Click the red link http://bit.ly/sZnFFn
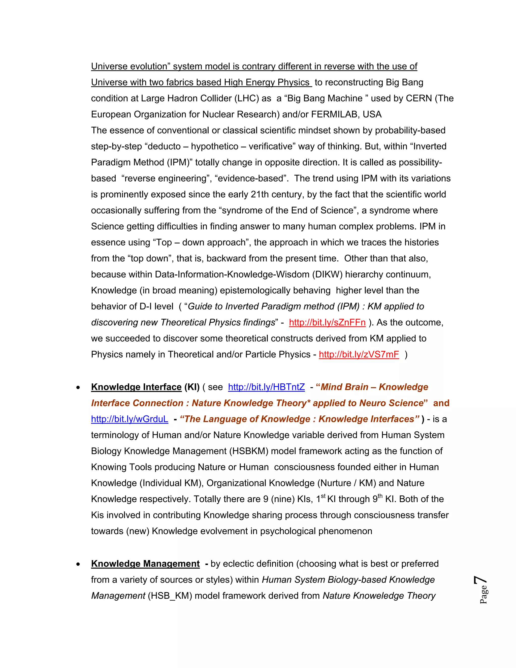click(x=327, y=323)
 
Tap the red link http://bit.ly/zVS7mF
click(x=359, y=354)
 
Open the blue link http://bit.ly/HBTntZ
click(x=266, y=387)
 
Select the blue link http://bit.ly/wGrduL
click(x=130, y=419)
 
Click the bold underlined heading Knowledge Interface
click(x=136, y=387)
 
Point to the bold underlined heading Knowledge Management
click(x=145, y=564)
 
